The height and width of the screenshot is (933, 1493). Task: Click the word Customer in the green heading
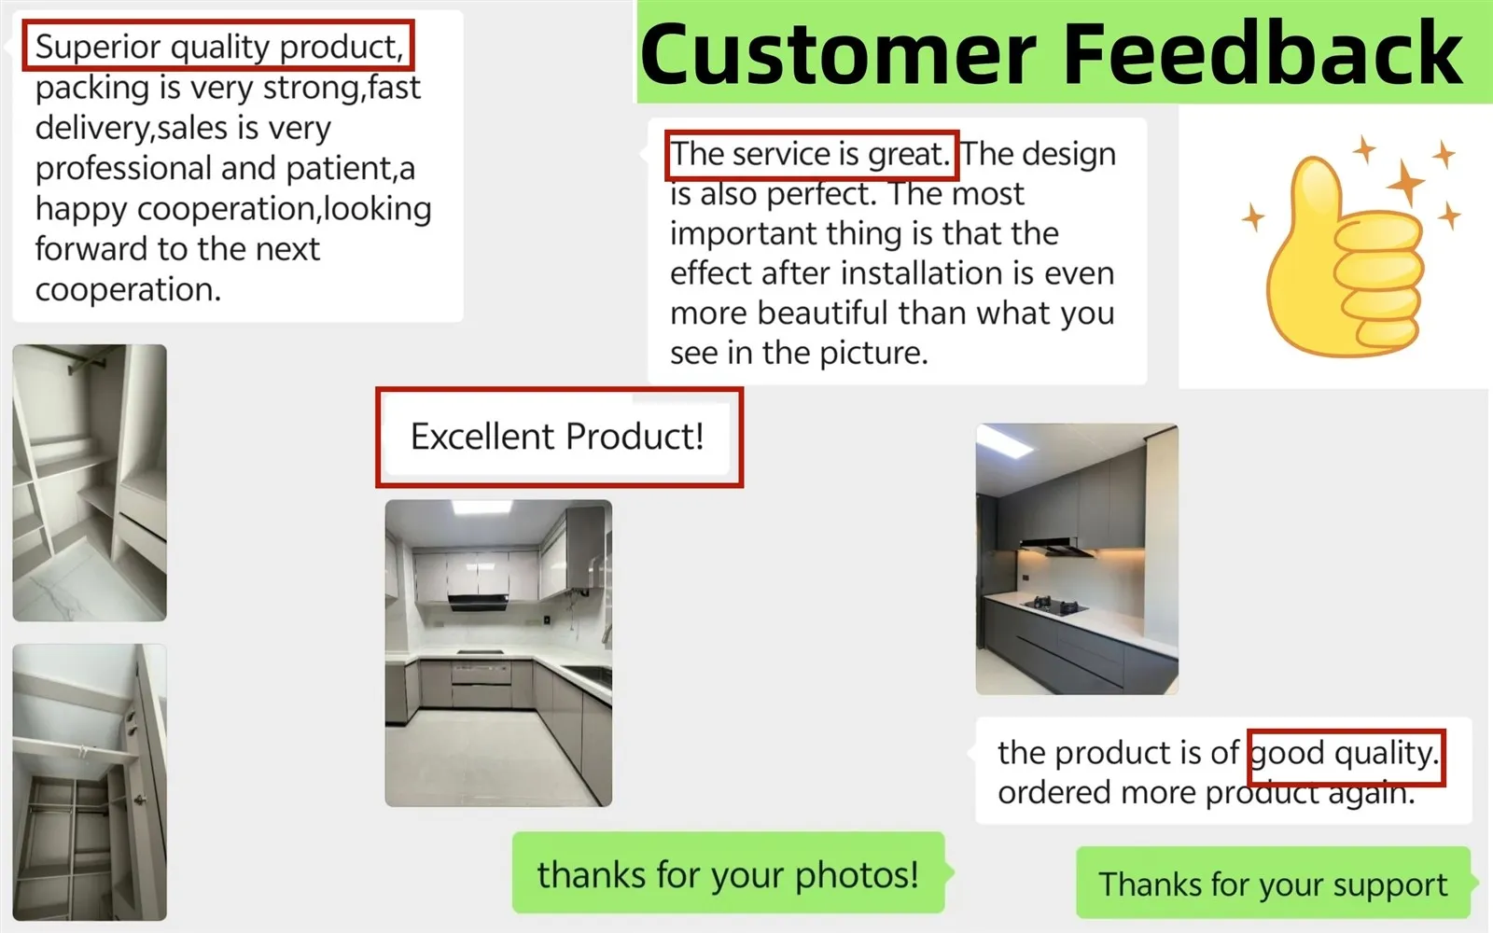839,54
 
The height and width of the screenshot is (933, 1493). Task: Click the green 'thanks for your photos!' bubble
729,873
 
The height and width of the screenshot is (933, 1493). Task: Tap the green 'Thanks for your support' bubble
1273,883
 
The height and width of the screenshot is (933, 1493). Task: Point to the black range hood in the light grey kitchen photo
478,602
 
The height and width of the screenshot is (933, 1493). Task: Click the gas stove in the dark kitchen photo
1055,606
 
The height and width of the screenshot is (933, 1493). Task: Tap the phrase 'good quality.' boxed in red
1345,753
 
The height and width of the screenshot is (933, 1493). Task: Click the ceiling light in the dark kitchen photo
1007,442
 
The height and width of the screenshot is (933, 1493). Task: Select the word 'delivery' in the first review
93,128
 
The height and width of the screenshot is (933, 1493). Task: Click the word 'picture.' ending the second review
873,352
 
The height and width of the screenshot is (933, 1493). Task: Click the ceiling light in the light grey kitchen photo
481,508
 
